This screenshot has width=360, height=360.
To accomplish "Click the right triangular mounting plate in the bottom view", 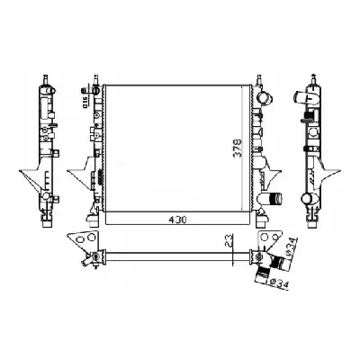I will point(267,239).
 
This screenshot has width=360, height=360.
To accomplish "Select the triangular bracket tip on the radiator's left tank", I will point(71,167).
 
